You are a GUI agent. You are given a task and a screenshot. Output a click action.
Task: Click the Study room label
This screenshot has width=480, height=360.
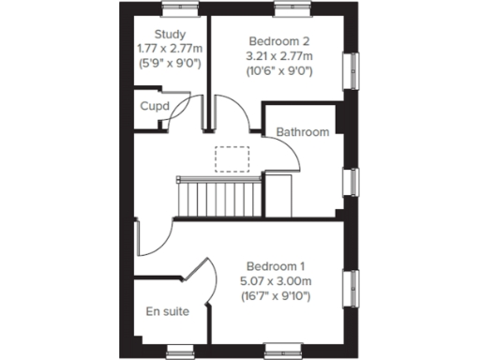point(170,33)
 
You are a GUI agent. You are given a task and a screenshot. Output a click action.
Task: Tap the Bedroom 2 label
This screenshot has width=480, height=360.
point(277,41)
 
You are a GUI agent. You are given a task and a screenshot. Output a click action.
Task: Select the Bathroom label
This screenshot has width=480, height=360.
point(302,132)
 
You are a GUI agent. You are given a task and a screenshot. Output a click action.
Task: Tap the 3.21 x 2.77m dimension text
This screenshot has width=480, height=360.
point(278,56)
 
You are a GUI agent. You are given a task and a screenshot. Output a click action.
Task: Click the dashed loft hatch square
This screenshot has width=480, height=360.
point(229,158)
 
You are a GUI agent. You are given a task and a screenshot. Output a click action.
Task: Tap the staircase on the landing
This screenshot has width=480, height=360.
point(217,196)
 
